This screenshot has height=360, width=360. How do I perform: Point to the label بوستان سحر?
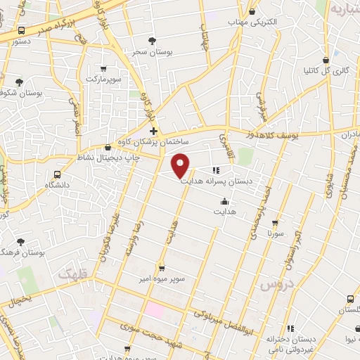(148, 51)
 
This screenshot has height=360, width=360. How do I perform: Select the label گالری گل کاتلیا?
(327, 70)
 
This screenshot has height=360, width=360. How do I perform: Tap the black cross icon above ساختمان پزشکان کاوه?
(153, 131)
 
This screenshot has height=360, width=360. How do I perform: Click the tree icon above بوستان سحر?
(152, 41)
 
